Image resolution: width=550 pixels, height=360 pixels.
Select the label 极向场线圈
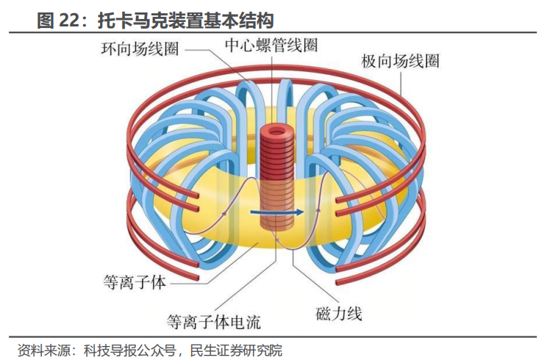[400, 61]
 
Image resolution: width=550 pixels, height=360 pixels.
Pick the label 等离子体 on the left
[137, 281]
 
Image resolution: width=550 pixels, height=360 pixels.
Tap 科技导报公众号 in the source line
[132, 349]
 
